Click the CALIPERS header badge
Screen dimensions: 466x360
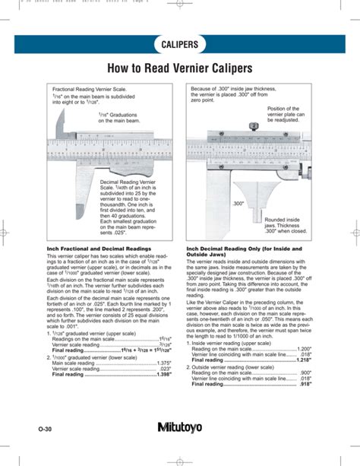[179, 44]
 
